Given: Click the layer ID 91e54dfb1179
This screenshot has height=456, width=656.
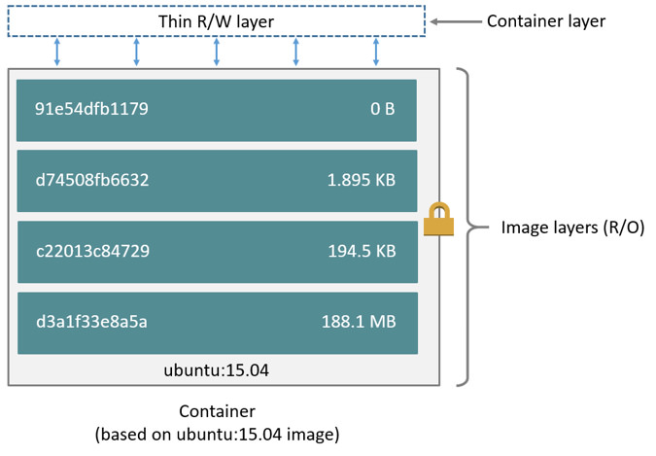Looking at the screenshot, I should click(x=91, y=109).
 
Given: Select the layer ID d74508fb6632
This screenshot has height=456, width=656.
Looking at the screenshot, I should click(x=92, y=180).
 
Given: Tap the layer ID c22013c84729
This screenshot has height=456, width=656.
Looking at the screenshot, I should click(x=92, y=251).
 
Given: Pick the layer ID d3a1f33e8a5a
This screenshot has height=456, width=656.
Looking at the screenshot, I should click(x=91, y=322).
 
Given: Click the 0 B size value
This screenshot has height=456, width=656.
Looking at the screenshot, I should click(x=382, y=109).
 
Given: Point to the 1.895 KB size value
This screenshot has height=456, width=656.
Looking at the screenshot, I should click(x=361, y=180).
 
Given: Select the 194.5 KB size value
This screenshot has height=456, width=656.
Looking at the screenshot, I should click(x=361, y=251).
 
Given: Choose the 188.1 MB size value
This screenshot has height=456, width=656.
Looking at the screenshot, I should click(x=358, y=322).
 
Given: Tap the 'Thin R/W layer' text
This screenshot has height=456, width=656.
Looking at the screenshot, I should click(x=217, y=21).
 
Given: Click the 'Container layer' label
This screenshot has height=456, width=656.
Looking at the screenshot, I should click(x=545, y=21).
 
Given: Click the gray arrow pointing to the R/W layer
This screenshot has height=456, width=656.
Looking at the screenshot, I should click(x=453, y=21).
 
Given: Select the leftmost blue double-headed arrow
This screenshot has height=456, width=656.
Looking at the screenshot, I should click(x=57, y=53).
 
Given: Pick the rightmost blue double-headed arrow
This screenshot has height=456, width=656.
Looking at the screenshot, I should click(x=376, y=53).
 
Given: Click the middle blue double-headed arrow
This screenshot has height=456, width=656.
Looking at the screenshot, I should click(x=217, y=53).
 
